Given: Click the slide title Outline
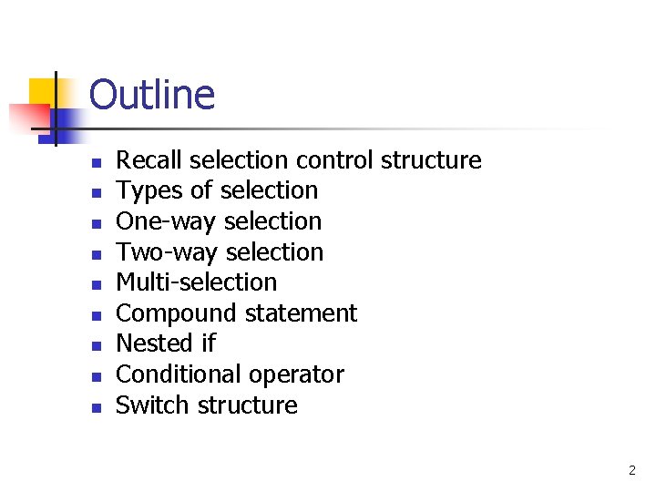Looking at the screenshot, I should (x=152, y=95).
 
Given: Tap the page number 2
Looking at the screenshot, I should (x=631, y=471).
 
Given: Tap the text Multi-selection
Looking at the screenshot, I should (x=196, y=282).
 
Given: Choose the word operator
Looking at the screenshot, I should (x=300, y=375).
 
